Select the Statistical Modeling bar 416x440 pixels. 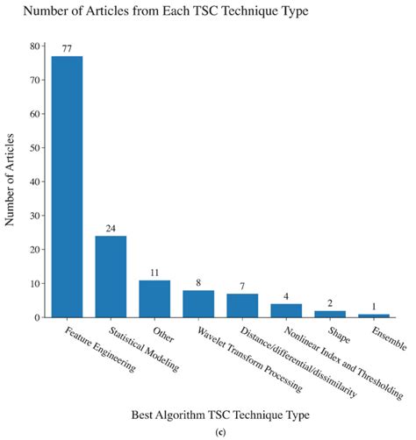111,276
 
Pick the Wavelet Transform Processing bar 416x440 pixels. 198,303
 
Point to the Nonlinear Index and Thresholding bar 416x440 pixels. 286,310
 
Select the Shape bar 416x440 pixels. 330,314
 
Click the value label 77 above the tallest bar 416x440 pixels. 67,49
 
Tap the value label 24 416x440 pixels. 111,228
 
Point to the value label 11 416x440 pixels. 154,273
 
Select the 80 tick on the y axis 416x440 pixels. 35,46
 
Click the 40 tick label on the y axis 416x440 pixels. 35,181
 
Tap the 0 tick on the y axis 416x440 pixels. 38,317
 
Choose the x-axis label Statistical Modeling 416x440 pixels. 132,351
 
